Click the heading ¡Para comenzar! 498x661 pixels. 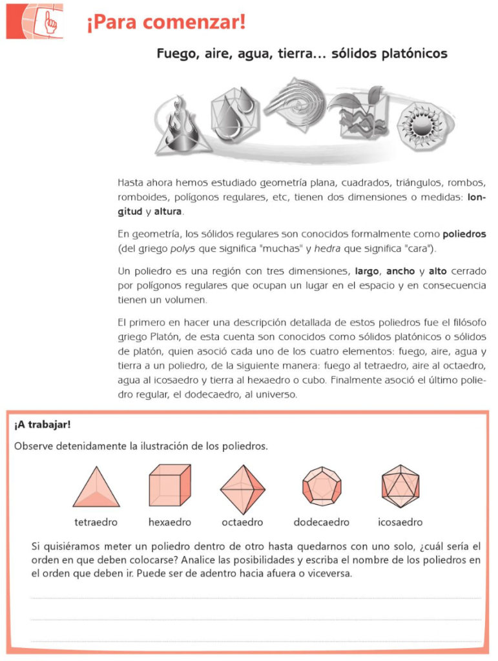coord(165,24)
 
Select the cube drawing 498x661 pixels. coord(170,485)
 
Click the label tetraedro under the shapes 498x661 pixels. coord(96,522)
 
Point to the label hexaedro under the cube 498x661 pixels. coord(170,522)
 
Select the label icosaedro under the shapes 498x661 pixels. coord(400,522)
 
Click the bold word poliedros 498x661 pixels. coord(464,234)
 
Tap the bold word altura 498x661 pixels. coord(168,212)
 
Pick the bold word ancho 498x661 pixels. coord(400,271)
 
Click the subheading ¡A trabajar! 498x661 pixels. coord(42,425)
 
